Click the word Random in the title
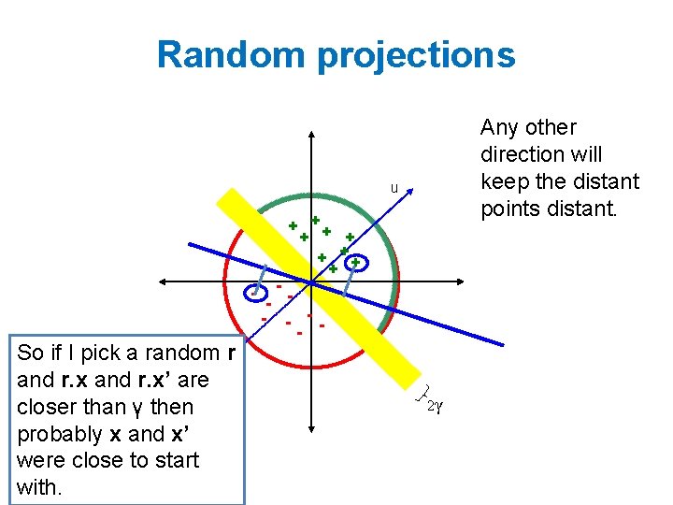click(x=232, y=54)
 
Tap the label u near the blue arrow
click(x=394, y=189)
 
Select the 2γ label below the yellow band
click(x=433, y=405)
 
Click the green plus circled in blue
click(x=355, y=263)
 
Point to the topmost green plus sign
click(x=316, y=220)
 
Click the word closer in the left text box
click(x=47, y=407)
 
